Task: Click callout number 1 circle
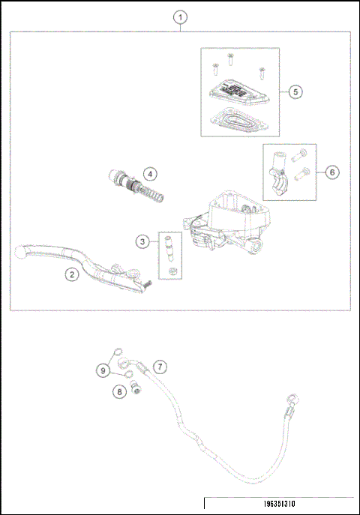(x=179, y=17)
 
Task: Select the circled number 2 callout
(x=71, y=274)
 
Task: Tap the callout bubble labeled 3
(x=142, y=241)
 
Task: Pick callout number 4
(x=151, y=174)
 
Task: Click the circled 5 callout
(x=295, y=91)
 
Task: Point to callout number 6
(x=332, y=172)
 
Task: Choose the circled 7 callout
(x=159, y=367)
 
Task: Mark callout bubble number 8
(x=118, y=391)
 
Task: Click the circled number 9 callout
(x=103, y=370)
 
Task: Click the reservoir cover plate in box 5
(x=234, y=93)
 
